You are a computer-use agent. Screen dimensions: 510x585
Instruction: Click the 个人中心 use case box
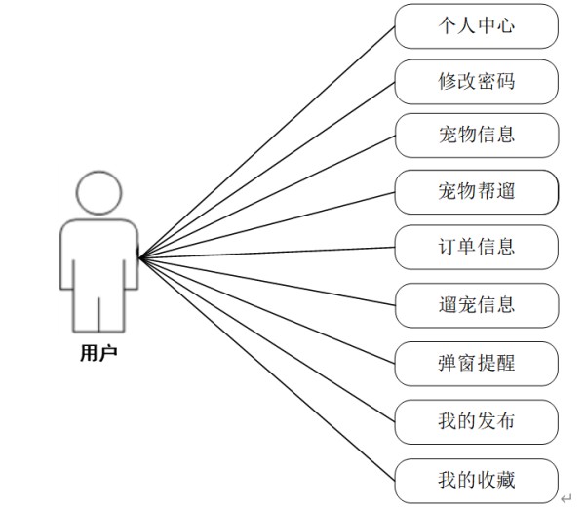[476, 26]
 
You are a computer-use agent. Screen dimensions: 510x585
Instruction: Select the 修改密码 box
[476, 82]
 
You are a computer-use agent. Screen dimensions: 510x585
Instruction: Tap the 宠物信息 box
[476, 136]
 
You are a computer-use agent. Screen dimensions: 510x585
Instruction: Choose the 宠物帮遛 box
[476, 191]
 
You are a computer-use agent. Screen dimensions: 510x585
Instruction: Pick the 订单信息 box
[476, 247]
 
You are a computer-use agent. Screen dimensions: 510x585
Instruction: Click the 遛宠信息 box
[476, 304]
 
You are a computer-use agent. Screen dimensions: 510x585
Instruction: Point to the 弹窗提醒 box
[476, 364]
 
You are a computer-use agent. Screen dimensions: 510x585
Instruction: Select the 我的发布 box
[476, 421]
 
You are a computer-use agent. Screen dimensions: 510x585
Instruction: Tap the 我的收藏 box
[476, 480]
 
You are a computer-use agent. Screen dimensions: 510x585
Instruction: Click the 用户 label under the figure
[97, 353]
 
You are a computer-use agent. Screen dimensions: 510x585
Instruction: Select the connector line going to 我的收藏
[268, 370]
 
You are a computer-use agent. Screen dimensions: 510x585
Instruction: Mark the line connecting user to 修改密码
[268, 170]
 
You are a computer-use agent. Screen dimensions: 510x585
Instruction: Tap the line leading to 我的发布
[268, 340]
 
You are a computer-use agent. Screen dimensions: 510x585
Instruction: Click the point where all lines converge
[141, 257]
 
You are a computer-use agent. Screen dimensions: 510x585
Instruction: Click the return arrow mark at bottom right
[566, 497]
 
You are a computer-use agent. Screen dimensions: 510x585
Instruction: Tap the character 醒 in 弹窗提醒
[505, 364]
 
